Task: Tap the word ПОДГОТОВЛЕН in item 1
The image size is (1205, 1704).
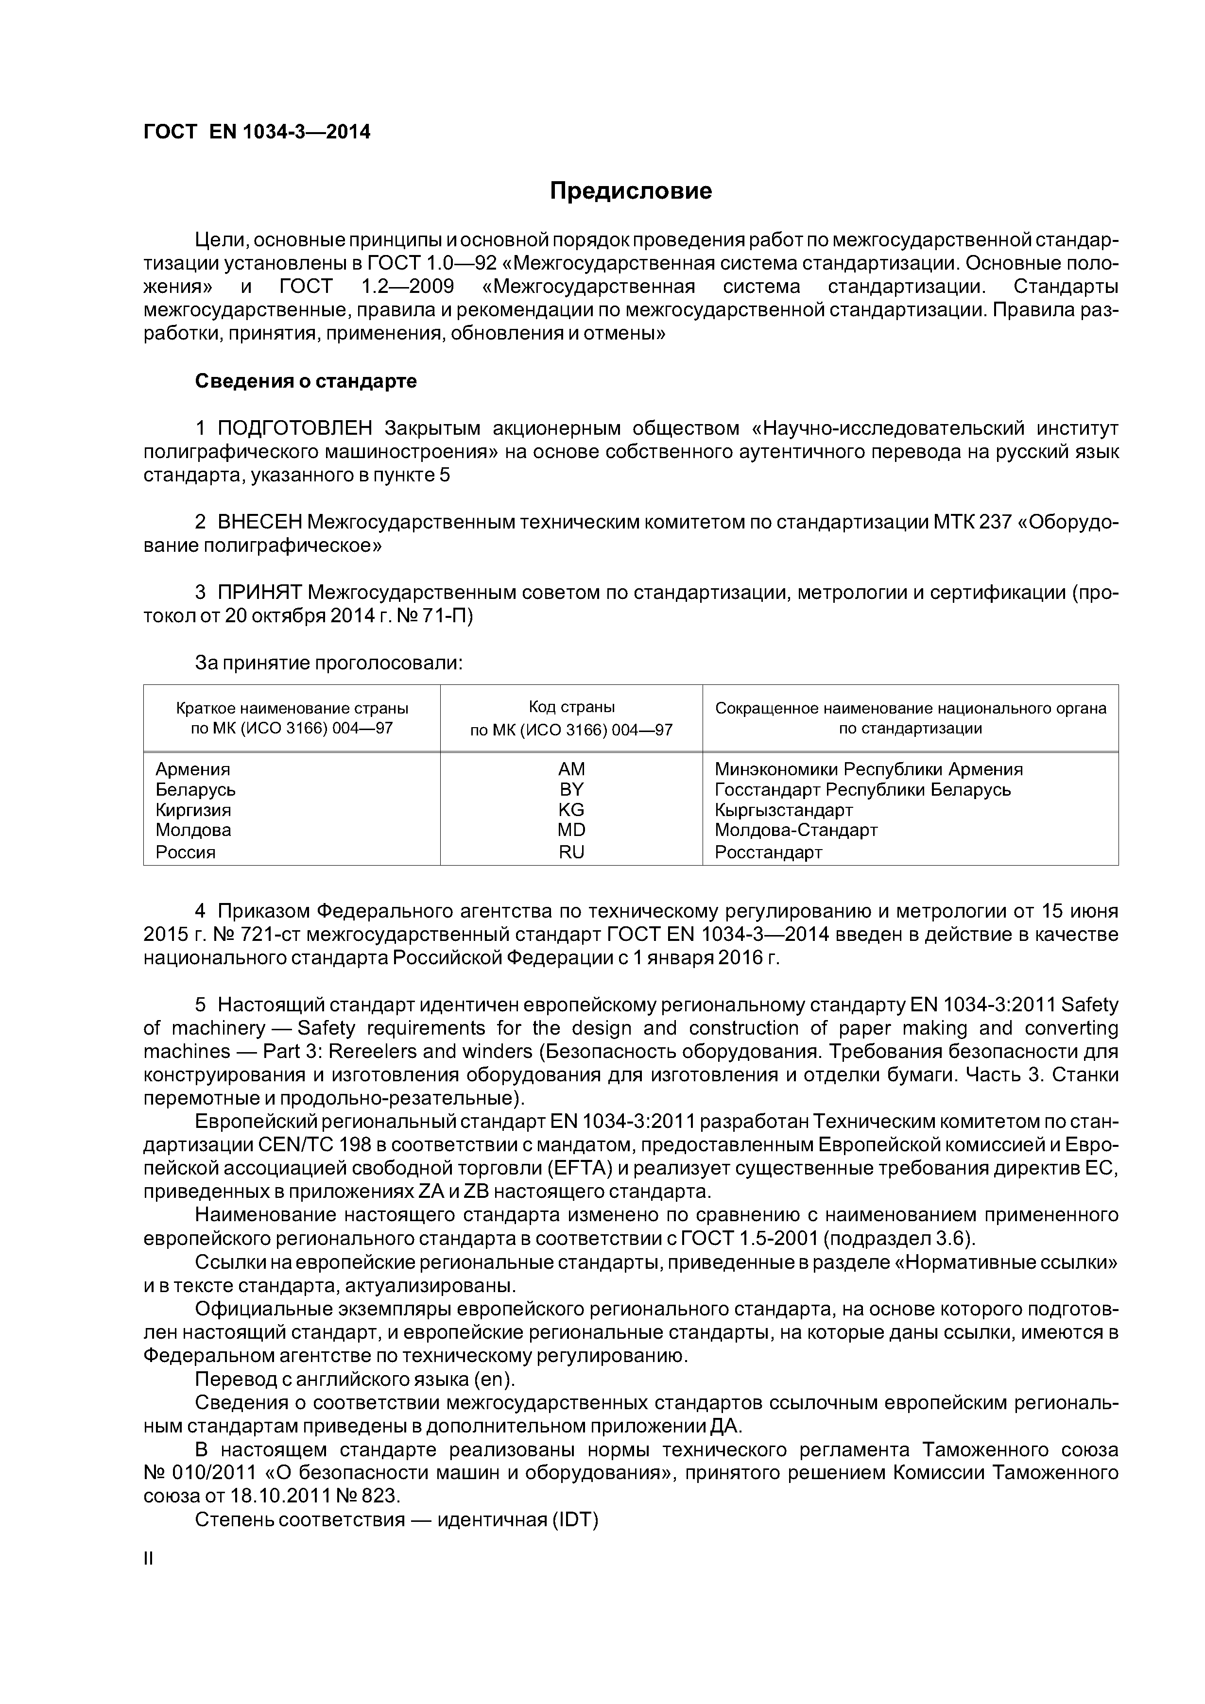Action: click(x=295, y=428)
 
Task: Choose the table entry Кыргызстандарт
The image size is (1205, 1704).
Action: click(x=783, y=810)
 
